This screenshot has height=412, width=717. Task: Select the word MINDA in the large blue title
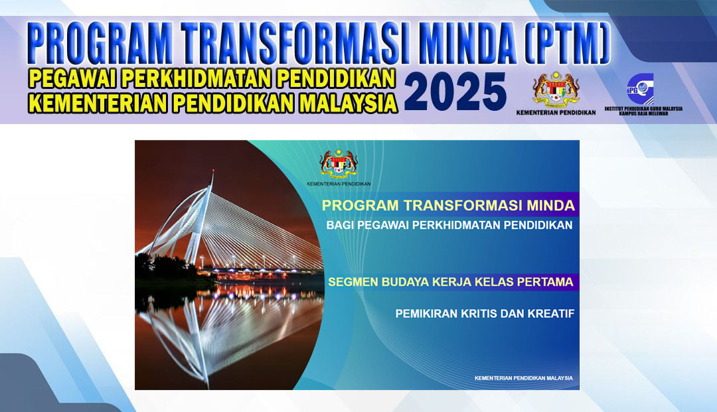point(467,42)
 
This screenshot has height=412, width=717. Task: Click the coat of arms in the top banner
point(556,88)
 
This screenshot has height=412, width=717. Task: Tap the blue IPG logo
point(641,89)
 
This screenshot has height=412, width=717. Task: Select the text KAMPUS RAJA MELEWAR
point(643,113)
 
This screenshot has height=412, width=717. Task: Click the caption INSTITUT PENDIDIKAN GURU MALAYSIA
point(643,109)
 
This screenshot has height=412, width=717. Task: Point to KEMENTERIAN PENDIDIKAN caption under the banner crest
point(556,112)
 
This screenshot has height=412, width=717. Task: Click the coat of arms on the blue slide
point(339,163)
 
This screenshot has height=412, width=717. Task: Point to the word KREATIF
point(551,314)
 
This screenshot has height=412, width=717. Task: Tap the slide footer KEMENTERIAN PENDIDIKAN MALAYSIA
point(524,378)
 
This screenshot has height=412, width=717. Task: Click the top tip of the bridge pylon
point(213,170)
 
